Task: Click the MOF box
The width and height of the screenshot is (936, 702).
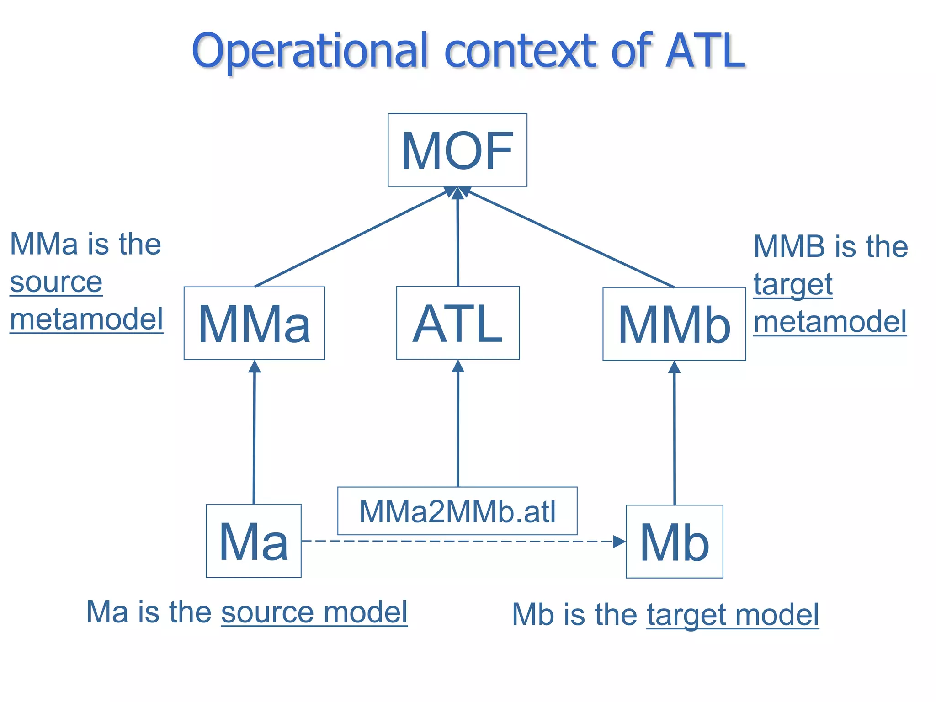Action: point(457,150)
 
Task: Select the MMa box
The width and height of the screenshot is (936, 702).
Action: point(254,323)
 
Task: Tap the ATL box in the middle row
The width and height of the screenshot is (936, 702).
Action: point(457,323)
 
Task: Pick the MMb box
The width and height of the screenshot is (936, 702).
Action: point(674,324)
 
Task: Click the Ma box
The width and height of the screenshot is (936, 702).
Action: point(254,541)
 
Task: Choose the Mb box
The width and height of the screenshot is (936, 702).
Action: point(674,542)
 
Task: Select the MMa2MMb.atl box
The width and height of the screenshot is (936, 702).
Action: point(457,511)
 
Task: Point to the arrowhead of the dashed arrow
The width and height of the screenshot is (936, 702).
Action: point(619,542)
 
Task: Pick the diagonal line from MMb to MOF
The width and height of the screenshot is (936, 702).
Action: point(569,238)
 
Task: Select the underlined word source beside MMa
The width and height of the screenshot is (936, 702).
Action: point(56,282)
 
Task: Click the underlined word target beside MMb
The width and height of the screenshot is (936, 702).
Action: point(793,285)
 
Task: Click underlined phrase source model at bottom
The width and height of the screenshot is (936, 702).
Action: point(314,612)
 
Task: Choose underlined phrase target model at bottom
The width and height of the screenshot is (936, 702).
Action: point(733,615)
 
